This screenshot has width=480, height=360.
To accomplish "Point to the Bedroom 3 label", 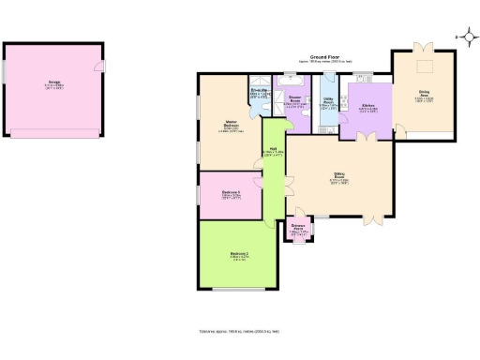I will pyautogui.click(x=231, y=194).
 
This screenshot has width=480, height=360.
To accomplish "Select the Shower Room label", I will pyautogui.click(x=293, y=99).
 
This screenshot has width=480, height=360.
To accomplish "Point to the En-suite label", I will pyautogui.click(x=260, y=93).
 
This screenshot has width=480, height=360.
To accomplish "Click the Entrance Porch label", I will pyautogui.click(x=298, y=228).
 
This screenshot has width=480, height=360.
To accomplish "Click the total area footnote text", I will pyautogui.click(x=239, y=332).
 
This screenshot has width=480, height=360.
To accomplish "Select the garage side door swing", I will pyautogui.click(x=99, y=66).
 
